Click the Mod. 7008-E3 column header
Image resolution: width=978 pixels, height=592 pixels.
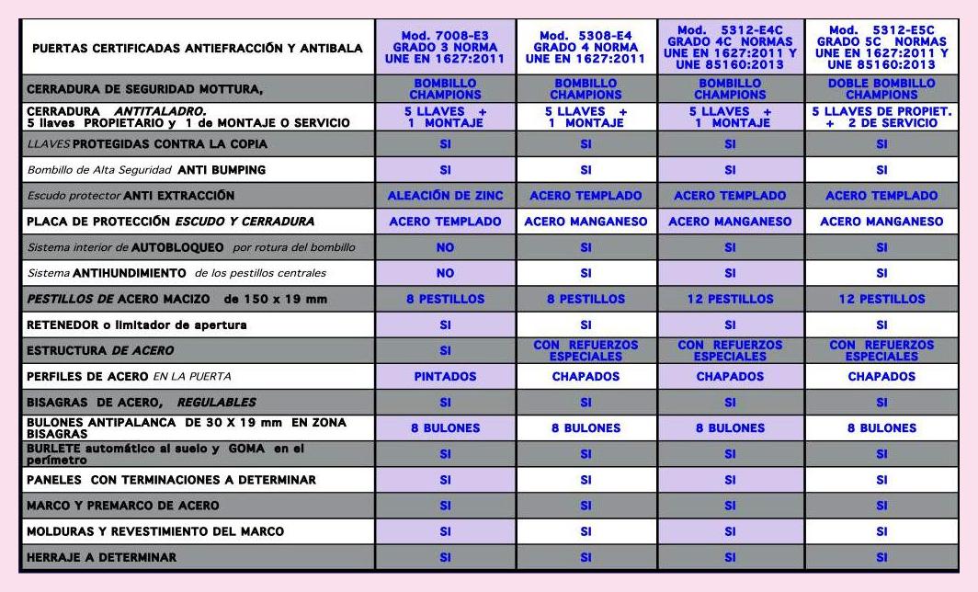pyautogui.click(x=445, y=47)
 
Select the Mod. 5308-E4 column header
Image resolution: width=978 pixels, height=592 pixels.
pyautogui.click(x=586, y=47)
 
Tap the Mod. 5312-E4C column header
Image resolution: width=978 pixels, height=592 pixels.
pyautogui.click(x=730, y=47)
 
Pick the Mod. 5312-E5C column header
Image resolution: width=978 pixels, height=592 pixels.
pyautogui.click(x=881, y=47)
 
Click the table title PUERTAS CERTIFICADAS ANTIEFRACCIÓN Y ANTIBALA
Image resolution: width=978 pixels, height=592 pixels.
pyautogui.click(x=197, y=48)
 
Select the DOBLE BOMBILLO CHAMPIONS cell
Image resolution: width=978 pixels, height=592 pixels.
pyautogui.click(x=881, y=88)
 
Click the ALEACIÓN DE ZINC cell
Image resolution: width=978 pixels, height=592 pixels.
pyautogui.click(x=445, y=195)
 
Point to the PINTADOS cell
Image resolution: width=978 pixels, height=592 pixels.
pyautogui.click(x=445, y=376)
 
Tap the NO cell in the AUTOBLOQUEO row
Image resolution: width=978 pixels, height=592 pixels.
pyautogui.click(x=445, y=247)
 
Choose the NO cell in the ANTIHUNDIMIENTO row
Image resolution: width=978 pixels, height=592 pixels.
pyautogui.click(x=445, y=273)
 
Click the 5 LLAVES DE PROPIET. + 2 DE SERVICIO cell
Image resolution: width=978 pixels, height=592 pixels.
pyautogui.click(x=881, y=117)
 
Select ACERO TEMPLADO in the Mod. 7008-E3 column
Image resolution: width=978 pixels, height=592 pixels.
pyautogui.click(x=445, y=222)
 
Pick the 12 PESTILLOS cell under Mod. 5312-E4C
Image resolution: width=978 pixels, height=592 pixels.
pyautogui.click(x=730, y=299)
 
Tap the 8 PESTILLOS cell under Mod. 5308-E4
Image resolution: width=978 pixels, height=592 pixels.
pyautogui.click(x=586, y=299)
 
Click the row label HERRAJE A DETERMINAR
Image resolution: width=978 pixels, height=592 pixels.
pyautogui.click(x=101, y=557)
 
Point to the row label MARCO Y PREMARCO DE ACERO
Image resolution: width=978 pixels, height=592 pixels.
pyautogui.click(x=123, y=506)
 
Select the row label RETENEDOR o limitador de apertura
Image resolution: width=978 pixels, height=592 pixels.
pyautogui.click(x=137, y=324)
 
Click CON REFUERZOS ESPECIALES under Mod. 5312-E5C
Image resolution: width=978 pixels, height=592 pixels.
pyautogui.click(x=881, y=350)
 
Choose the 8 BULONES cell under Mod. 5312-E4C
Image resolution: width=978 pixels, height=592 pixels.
pyautogui.click(x=730, y=427)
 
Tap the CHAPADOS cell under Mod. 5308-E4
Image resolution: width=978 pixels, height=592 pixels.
pyautogui.click(x=586, y=376)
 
